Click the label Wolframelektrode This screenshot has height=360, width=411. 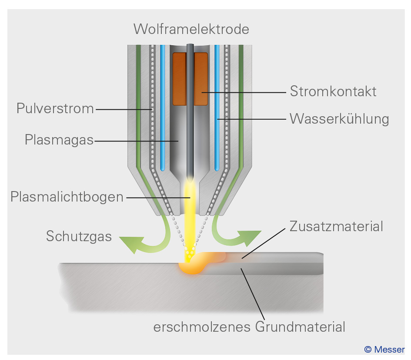(191, 29)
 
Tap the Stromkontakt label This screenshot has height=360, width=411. (333, 92)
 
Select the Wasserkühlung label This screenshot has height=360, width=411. (339, 118)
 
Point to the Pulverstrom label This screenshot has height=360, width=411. (55, 108)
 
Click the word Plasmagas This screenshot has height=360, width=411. (59, 140)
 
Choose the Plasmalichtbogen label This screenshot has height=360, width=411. (67, 197)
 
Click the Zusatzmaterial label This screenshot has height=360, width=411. (336, 226)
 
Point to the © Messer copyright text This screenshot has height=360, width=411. (384, 350)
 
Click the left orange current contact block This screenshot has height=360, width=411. (179, 79)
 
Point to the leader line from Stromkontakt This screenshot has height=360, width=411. (244, 92)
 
